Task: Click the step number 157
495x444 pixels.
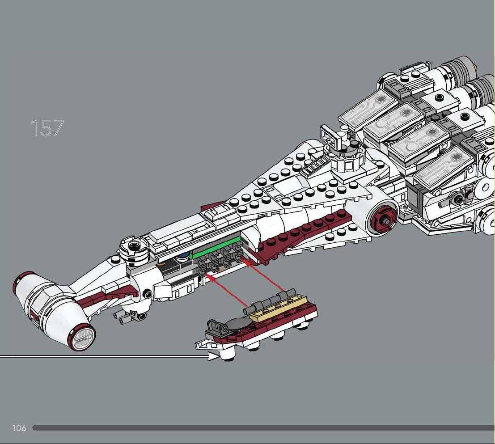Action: click(x=47, y=128)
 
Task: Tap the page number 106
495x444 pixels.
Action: click(x=19, y=428)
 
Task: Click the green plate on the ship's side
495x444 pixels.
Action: click(x=215, y=248)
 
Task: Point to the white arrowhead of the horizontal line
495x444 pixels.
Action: click(x=214, y=357)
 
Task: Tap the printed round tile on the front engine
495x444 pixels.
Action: click(x=83, y=338)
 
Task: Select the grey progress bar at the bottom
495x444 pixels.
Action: click(x=264, y=428)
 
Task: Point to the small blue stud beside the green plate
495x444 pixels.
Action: click(x=183, y=255)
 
